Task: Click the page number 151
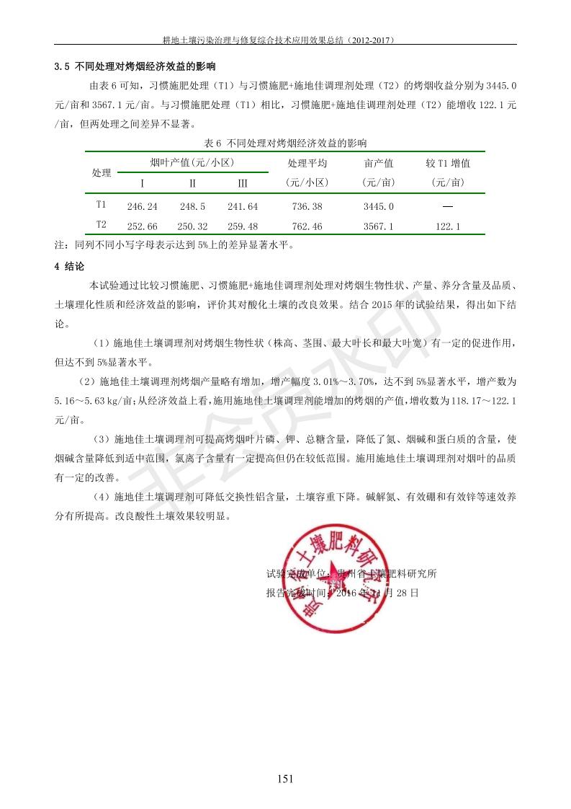tap(285, 778)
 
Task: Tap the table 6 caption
tap(285, 142)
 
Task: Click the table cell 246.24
tap(142, 207)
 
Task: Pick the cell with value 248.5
tap(192, 207)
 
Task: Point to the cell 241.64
tap(243, 207)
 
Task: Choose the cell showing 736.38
tap(307, 207)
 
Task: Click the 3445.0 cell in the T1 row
tap(379, 207)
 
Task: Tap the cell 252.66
tap(142, 226)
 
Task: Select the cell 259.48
tap(243, 226)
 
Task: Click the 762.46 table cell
tap(307, 226)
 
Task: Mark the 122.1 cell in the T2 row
tap(448, 226)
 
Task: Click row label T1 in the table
tap(102, 205)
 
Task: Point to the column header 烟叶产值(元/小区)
tap(192, 163)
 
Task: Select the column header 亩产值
tap(379, 164)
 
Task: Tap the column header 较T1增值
tap(448, 164)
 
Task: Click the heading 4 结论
tap(70, 267)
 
